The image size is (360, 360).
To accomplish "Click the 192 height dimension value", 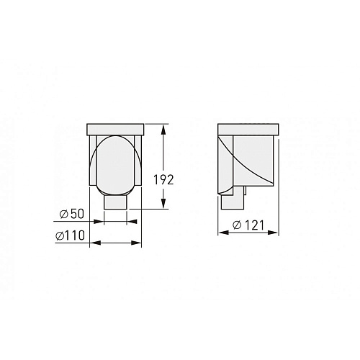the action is point(163,180).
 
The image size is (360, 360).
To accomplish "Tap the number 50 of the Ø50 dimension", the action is point(78,214).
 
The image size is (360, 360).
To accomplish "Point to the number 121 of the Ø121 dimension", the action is point(254,225).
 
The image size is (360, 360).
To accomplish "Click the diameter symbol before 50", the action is point(64,214).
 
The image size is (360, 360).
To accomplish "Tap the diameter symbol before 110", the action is point(59,235).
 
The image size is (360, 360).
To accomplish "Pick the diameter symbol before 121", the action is point(237,225).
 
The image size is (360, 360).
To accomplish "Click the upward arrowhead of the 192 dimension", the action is point(163,130).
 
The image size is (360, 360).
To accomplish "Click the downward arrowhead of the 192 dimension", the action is point(163,203).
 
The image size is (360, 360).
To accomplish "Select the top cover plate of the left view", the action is point(115,130).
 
